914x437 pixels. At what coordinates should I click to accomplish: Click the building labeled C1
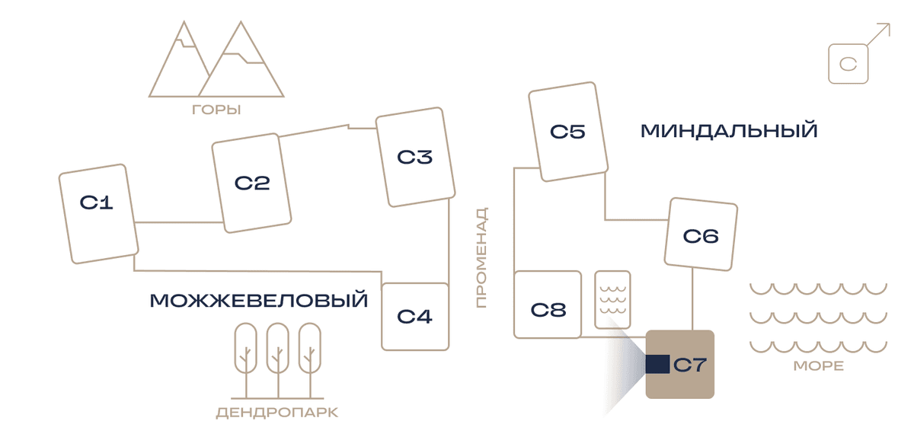[x=98, y=214]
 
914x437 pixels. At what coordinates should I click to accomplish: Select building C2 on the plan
[x=251, y=183]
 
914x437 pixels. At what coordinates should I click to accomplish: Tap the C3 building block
[x=415, y=157]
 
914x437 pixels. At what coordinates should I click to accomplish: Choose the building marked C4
[x=415, y=317]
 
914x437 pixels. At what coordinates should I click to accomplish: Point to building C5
[x=568, y=132]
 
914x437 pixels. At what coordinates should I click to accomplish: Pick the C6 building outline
[x=701, y=234]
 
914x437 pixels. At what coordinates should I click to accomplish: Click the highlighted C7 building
[x=679, y=365]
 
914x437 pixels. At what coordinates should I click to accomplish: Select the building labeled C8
[x=548, y=305]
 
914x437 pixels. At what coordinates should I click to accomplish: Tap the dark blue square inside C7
[x=657, y=365]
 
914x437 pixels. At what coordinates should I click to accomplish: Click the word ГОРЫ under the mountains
[x=216, y=110]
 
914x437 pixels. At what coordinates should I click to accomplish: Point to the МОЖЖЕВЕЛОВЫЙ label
[x=259, y=300]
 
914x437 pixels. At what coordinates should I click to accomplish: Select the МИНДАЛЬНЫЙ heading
[x=729, y=131]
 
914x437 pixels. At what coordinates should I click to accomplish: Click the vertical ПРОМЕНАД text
[x=482, y=257]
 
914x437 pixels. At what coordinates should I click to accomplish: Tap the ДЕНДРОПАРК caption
[x=277, y=413]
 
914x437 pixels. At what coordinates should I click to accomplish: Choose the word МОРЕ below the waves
[x=819, y=365]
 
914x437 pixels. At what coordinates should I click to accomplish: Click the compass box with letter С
[x=848, y=64]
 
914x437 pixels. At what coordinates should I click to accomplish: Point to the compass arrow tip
[x=890, y=24]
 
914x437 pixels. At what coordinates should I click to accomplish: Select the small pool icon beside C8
[x=612, y=299]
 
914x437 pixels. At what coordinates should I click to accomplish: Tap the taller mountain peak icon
[x=241, y=59]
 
